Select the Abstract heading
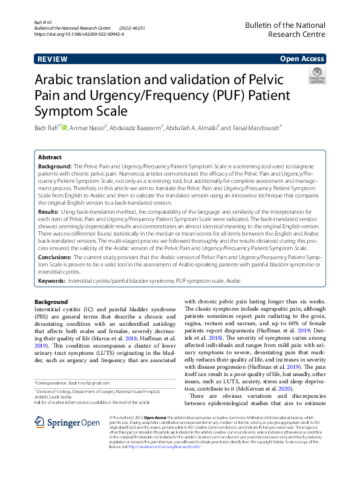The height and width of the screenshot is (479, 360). click(x=50, y=156)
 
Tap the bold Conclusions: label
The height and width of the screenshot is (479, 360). click(x=56, y=258)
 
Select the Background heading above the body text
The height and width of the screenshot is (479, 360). click(x=51, y=302)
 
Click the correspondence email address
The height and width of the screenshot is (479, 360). click(x=90, y=383)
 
